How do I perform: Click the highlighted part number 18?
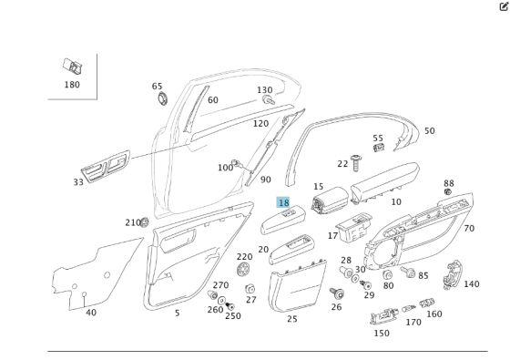[x=283, y=203]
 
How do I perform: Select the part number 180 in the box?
[x=72, y=85]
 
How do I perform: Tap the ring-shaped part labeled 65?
[x=161, y=98]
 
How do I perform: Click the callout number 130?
[x=264, y=90]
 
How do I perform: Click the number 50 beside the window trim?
[x=429, y=131]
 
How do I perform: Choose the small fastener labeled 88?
[x=448, y=193]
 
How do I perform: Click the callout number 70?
[x=469, y=229]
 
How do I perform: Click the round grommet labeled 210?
[x=144, y=221]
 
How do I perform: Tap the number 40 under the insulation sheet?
[x=91, y=313]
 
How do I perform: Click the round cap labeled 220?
[x=243, y=271]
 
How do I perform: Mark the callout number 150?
[x=381, y=333]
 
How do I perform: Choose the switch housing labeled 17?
[x=352, y=227]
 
